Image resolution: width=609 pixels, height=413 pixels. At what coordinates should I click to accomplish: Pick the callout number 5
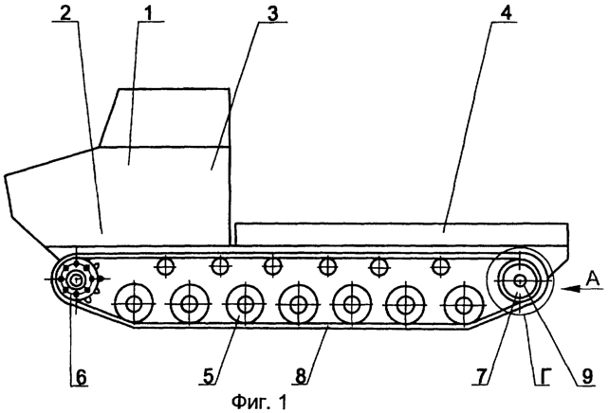pos(209,376)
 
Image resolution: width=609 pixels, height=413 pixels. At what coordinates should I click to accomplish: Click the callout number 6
pos(81,377)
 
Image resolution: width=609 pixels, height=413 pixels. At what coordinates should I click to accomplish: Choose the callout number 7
pos(482,376)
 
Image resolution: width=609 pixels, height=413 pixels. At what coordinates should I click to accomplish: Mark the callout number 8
pos(301,376)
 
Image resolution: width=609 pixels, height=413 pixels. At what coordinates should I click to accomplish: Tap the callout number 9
pos(586,376)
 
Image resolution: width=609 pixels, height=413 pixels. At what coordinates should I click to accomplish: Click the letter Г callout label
pos(543,376)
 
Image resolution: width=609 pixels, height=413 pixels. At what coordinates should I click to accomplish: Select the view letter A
pos(592,278)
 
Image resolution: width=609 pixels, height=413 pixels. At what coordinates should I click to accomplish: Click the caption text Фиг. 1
pos(260,403)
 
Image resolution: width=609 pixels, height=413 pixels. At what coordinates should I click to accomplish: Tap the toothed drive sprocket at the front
pos(78,279)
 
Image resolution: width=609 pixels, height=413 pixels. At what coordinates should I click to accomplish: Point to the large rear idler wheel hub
pos(520,280)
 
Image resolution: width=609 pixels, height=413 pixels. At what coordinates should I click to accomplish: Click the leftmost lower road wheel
pos(134,304)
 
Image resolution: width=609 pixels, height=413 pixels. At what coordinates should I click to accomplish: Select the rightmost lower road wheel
pos(463,305)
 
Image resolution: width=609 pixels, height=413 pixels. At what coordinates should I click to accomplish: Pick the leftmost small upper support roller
pos(166,266)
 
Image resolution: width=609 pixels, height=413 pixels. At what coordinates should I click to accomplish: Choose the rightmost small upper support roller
pos(440,266)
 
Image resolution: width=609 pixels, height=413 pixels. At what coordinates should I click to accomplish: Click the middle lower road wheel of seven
pos(298,304)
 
